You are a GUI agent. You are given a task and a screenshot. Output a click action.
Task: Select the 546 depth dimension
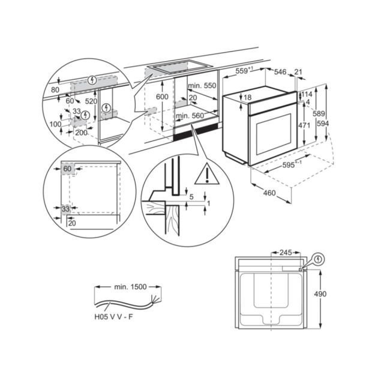[280, 71]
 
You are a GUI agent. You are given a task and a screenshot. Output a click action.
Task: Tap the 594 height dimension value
[323, 124]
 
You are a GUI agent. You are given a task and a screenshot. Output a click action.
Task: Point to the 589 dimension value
[319, 113]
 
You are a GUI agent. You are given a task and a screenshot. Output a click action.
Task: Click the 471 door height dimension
[304, 125]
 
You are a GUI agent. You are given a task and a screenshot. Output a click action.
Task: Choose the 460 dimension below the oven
[269, 193]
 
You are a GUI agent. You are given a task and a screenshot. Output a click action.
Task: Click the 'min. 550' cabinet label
[202, 85]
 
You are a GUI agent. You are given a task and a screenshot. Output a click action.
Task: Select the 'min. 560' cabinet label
[190, 116]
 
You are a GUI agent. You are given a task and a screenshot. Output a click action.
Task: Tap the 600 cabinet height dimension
[162, 97]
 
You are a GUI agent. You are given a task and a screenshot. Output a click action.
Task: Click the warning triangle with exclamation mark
[207, 174]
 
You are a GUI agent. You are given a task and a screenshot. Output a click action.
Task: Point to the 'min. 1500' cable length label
[130, 287]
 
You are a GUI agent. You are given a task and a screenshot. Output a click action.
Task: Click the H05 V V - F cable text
[113, 317]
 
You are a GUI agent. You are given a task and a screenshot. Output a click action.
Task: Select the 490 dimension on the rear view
[320, 294]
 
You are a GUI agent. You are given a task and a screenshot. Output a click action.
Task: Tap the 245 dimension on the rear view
[286, 253]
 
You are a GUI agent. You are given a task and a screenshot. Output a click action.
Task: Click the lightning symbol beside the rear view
[319, 259]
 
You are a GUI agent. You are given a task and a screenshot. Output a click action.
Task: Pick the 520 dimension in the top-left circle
[91, 101]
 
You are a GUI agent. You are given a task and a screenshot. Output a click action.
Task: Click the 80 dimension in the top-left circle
[55, 89]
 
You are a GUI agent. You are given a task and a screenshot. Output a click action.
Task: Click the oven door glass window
[274, 134]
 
